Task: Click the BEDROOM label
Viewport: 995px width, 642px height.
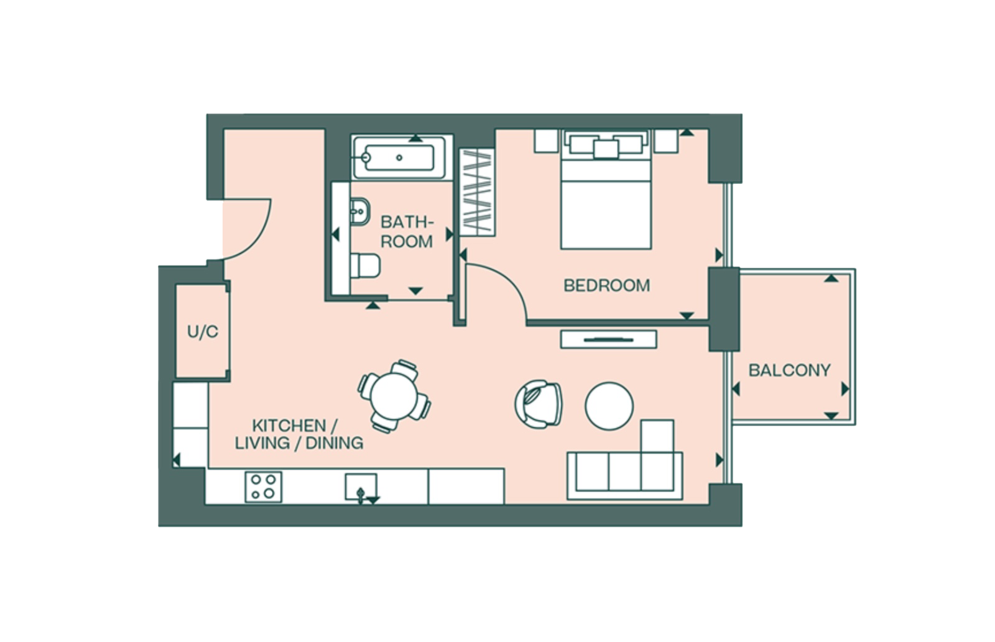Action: [x=606, y=285]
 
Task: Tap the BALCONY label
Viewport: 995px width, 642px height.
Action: [x=789, y=370]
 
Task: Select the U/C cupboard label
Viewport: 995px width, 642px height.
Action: [x=203, y=332]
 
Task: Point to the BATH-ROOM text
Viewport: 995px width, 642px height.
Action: [x=407, y=231]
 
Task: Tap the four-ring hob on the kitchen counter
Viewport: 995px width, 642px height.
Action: [x=263, y=485]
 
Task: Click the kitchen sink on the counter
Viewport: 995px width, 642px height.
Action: [x=361, y=485]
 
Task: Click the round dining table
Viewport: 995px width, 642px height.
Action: [x=394, y=396]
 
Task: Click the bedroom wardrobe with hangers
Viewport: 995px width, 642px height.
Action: [x=476, y=193]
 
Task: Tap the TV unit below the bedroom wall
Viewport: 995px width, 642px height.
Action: [x=608, y=339]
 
